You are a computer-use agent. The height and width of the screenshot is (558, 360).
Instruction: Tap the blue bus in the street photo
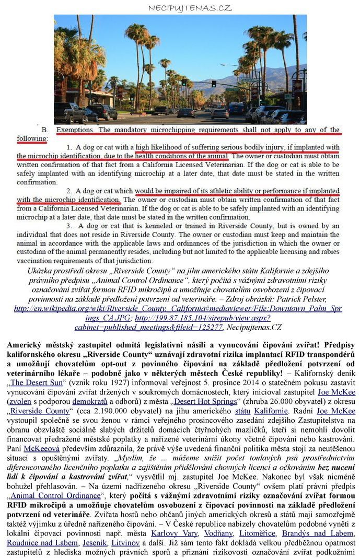coord(236,108)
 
